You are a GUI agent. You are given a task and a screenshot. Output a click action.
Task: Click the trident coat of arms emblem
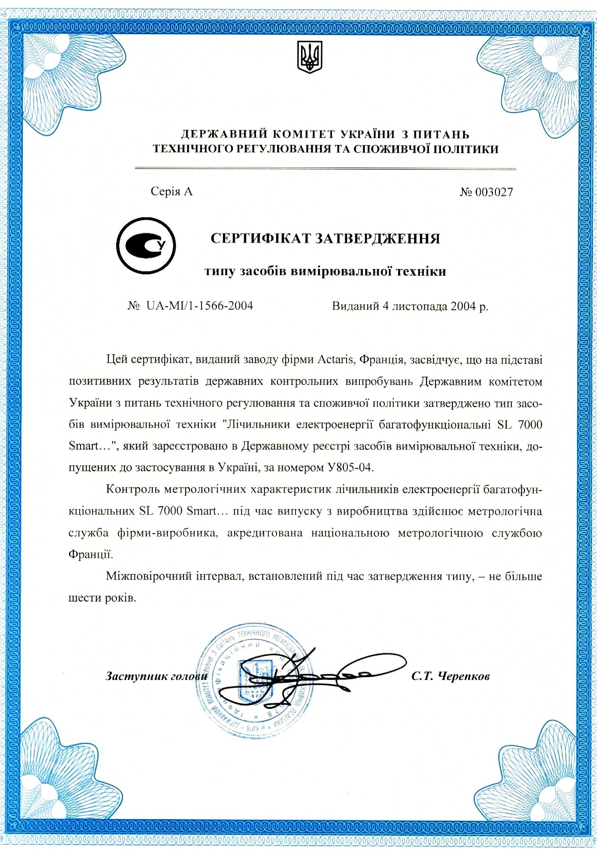310,57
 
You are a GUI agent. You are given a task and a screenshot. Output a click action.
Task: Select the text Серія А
171,192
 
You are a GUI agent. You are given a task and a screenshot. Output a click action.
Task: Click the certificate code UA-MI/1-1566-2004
199,306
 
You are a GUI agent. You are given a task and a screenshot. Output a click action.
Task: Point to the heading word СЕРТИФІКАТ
261,239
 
